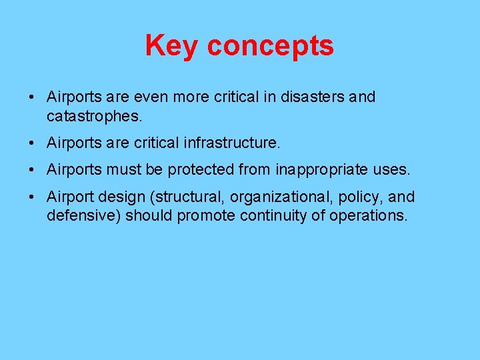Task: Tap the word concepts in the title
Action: pos(270,47)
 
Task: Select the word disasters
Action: pos(313,97)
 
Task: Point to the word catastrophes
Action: pos(94,117)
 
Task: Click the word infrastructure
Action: pos(237,143)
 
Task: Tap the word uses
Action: pos(392,170)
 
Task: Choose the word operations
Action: pos(367,217)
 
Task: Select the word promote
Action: pos(207,217)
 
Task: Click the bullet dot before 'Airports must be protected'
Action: pos(31,171)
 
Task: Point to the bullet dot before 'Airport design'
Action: pos(31,197)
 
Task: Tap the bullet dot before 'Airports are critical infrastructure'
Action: pos(31,143)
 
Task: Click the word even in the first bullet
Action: pos(155,97)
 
